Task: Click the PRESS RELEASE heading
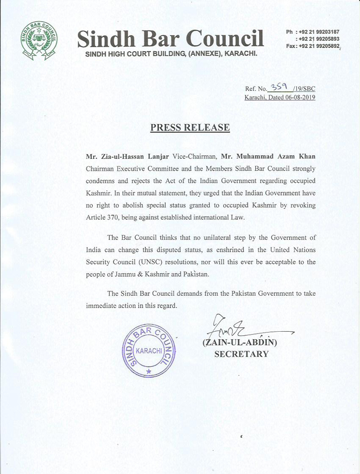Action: click(x=190, y=127)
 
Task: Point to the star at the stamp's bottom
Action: click(x=148, y=371)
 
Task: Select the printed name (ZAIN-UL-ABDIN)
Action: click(x=241, y=343)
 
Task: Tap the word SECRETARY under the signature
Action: click(x=241, y=354)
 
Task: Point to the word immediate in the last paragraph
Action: click(x=104, y=305)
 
